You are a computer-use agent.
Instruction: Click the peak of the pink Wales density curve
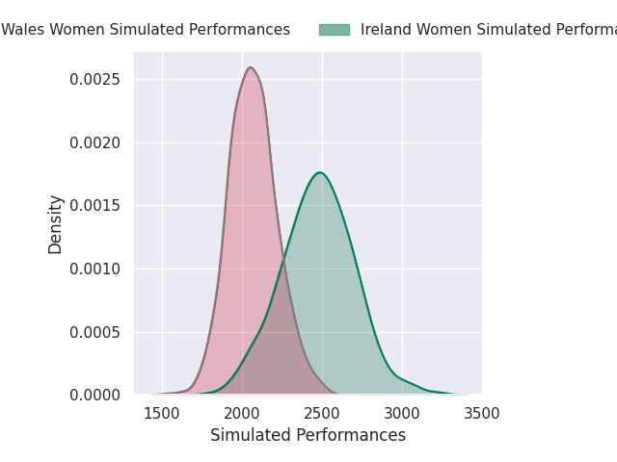pos(251,67)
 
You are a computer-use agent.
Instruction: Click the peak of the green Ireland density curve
pos(319,172)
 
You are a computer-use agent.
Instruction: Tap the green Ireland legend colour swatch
pos(334,30)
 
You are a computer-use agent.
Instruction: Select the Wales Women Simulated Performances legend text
pos(145,30)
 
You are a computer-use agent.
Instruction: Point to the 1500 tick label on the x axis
pos(162,414)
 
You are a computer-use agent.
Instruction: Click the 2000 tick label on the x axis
pos(242,414)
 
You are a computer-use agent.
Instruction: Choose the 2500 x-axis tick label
pos(322,414)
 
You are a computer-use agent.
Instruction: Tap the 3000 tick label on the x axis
pos(402,414)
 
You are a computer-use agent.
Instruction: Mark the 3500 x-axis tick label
pos(482,414)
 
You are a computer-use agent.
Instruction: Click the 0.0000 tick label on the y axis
pos(95,396)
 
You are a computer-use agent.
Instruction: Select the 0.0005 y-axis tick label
pos(95,332)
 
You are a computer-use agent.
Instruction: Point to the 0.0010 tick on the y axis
pos(95,269)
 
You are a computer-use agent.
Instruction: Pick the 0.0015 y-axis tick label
pos(95,206)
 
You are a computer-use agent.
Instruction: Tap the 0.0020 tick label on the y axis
pos(95,142)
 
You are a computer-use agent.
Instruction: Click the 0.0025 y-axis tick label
pos(95,79)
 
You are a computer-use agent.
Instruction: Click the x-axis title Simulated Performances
pos(308,435)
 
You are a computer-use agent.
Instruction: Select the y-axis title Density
pos(56,223)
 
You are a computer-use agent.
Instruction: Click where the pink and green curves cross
pos(283,258)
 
